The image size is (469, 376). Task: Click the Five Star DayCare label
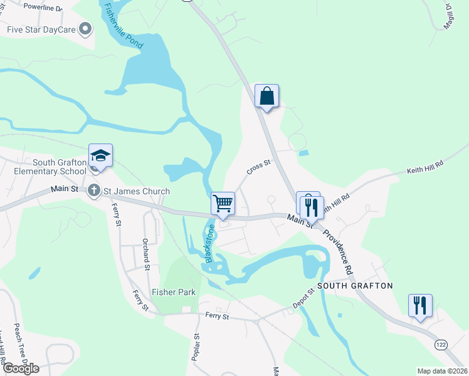pos(42,29)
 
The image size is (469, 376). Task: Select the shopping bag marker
pos(266,97)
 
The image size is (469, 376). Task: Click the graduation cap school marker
pos(100,155)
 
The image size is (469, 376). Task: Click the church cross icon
pos(94,191)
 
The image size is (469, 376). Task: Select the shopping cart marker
pos(223,204)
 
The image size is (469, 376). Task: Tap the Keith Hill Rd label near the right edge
pos(424,166)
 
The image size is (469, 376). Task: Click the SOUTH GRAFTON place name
pos(355,286)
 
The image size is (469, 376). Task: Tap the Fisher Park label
pos(174,292)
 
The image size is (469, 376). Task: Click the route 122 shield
pos(441,345)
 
